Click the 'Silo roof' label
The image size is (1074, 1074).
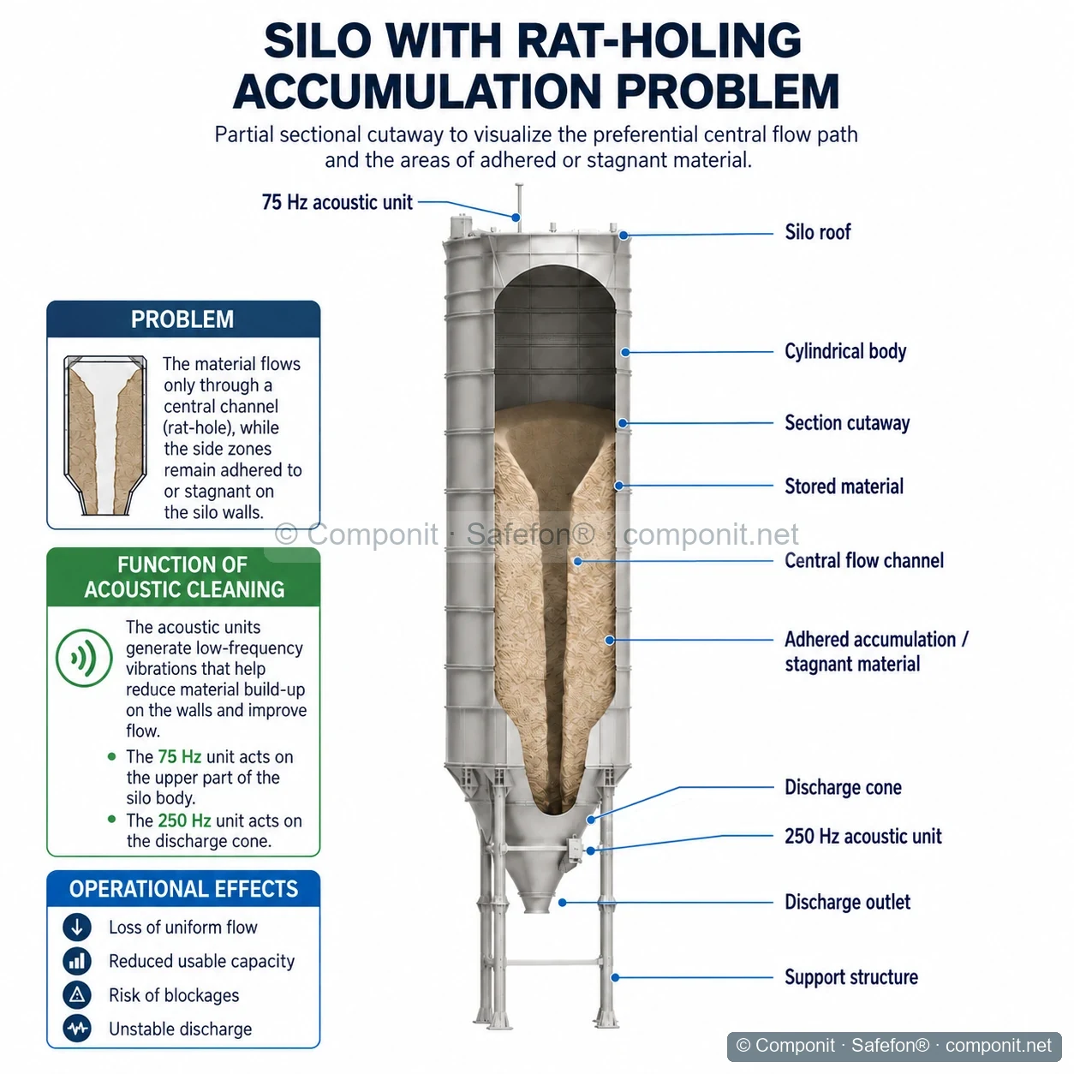point(817,232)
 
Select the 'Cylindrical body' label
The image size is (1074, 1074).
point(845,351)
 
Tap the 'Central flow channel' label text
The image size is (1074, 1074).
point(864,560)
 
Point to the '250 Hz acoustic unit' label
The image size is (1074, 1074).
point(862,836)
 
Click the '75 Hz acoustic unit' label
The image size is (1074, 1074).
point(337,202)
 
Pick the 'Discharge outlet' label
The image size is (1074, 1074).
point(847,902)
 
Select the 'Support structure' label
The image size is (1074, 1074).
point(851,977)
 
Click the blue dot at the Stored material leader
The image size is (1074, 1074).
point(618,486)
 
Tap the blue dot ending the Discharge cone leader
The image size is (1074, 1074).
point(591,820)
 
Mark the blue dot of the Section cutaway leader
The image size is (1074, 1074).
point(624,424)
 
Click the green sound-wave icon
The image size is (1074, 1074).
point(84,658)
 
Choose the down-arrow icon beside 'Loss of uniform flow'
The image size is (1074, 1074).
point(77,927)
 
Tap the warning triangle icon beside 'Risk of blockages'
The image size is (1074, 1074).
point(77,995)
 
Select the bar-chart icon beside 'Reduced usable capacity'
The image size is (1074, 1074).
point(77,961)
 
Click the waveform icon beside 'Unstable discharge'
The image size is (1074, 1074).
point(77,1029)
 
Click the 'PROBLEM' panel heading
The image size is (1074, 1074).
point(182,319)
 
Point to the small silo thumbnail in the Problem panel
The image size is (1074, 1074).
point(105,435)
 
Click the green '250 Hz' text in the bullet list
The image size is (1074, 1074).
point(184,820)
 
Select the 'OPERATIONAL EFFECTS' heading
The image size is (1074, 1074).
point(183,889)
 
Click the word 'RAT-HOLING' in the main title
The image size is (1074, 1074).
point(659,41)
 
